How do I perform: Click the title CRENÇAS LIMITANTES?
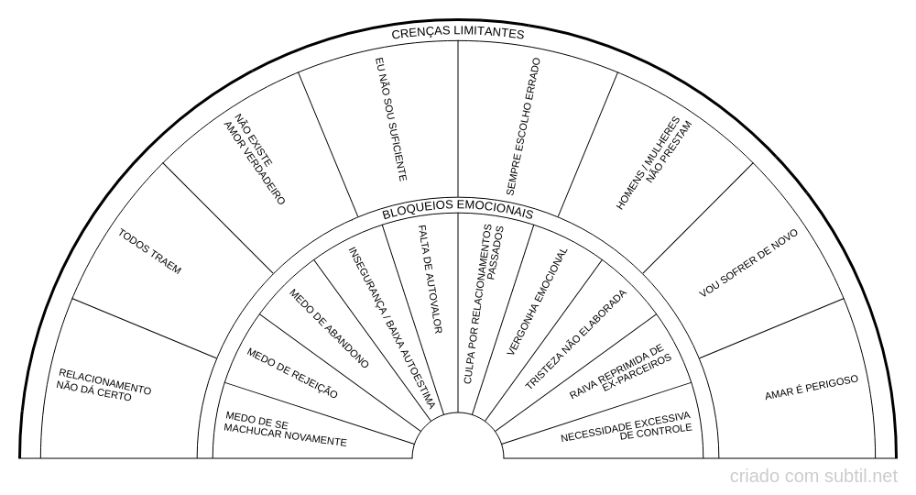(457, 33)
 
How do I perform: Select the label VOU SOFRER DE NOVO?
(748, 263)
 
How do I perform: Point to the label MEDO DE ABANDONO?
(329, 329)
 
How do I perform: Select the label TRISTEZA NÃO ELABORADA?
(575, 342)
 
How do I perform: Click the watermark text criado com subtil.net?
(813, 477)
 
